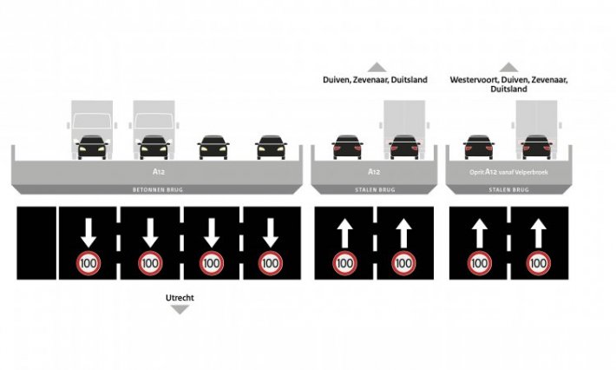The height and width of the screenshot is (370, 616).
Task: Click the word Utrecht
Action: [180, 297]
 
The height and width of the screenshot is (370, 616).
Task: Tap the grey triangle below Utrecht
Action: [180, 309]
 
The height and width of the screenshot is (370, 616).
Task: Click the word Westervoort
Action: [474, 80]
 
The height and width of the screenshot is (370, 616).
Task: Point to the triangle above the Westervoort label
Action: [509, 67]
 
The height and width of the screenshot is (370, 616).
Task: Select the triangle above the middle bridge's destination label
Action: [376, 67]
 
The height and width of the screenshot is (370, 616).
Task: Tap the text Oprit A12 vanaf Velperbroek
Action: [509, 172]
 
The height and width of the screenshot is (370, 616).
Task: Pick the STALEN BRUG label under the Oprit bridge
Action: [509, 188]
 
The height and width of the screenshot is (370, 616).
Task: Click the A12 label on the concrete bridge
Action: [157, 172]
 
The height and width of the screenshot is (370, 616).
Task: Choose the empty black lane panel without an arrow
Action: [36, 242]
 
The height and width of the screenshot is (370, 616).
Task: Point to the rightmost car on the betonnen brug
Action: [271, 146]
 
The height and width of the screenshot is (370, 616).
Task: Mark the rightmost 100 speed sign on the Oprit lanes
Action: [538, 261]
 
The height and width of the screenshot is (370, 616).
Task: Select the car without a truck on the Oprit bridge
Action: [479, 146]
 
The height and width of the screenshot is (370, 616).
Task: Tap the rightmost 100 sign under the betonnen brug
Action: [271, 261]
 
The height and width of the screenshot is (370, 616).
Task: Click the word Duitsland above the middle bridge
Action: [407, 80]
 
